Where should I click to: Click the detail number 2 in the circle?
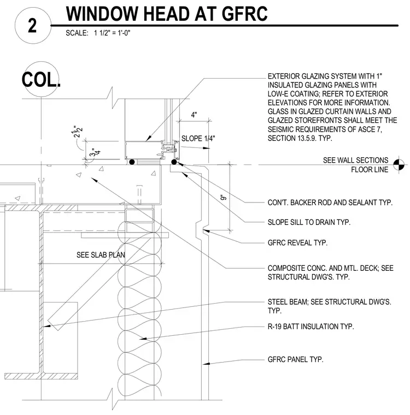point(32,26)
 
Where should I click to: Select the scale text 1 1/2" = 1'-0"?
point(112,33)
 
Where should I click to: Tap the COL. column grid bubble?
point(41,79)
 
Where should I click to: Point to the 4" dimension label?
point(194,115)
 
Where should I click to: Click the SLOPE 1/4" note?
point(198,138)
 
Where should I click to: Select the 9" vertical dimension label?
point(223,197)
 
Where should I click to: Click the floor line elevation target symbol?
point(399,164)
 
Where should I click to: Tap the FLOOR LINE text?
point(370,169)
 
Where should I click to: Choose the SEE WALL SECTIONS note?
point(355,160)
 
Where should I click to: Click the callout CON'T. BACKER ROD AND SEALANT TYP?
point(330,203)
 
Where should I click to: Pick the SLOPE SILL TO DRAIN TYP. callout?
point(309,222)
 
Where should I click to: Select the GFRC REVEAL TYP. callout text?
point(297,242)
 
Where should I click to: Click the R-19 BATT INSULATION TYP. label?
point(311,327)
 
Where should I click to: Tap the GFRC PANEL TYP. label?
point(295,359)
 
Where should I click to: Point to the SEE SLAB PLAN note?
point(101,255)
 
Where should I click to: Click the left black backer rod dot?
point(132,162)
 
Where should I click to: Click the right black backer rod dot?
point(174,162)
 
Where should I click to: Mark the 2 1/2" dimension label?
point(78,131)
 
